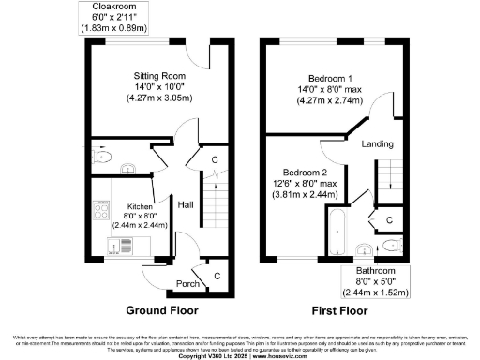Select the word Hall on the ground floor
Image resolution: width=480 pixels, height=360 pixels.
pos(186,203)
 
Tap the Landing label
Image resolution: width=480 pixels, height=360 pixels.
pos(377,143)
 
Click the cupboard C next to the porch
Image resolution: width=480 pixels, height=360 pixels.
pos(217,276)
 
